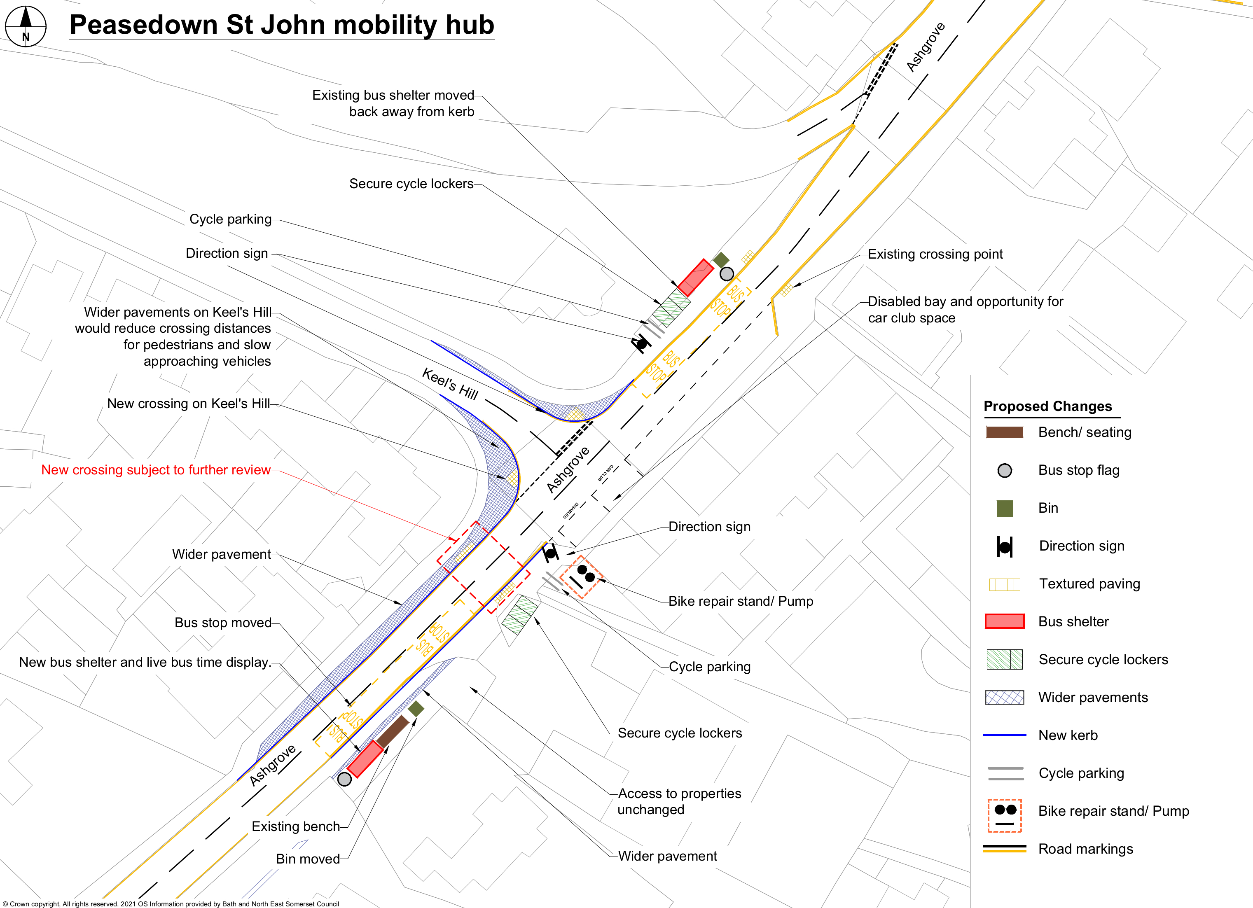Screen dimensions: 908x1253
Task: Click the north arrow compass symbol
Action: [x=26, y=26]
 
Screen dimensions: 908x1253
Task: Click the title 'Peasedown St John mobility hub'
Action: [x=282, y=25]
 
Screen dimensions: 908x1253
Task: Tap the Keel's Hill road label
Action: [x=450, y=383]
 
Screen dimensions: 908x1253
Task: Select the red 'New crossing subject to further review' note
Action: [x=156, y=470]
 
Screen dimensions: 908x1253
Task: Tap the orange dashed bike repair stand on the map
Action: [x=581, y=577]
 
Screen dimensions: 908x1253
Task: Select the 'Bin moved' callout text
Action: [x=308, y=859]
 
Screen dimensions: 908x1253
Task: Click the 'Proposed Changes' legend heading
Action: [x=1047, y=406]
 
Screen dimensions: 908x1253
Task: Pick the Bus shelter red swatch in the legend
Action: [x=1004, y=621]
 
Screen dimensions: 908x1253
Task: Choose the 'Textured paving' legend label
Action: [x=1089, y=584]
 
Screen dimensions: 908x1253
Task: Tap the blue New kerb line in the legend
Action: [x=1004, y=735]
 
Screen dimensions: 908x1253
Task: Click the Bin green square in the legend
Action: [x=1004, y=508]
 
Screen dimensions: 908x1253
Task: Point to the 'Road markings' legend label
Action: [x=1086, y=849]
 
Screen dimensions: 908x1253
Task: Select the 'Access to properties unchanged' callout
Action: [x=679, y=801]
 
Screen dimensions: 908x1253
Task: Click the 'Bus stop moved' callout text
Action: [x=223, y=623]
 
